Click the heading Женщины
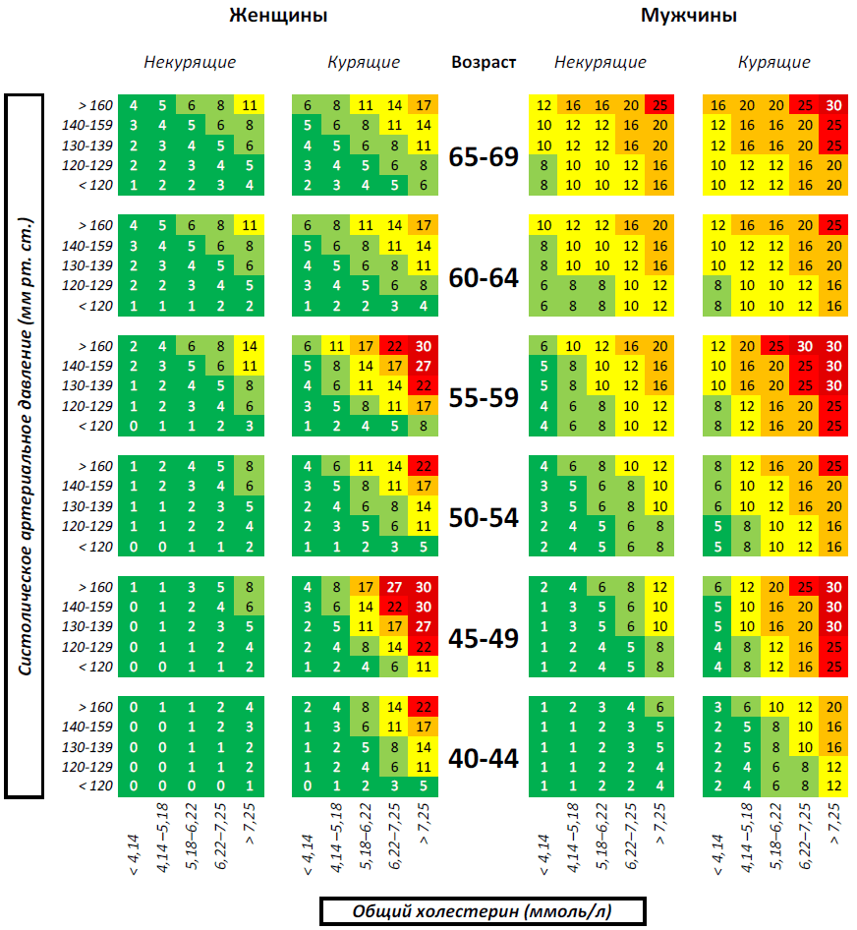(x=278, y=16)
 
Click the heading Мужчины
(x=688, y=16)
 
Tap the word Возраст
(x=484, y=62)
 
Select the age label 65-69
(x=484, y=156)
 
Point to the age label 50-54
(x=484, y=518)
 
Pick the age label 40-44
(x=484, y=759)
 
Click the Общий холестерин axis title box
(x=482, y=910)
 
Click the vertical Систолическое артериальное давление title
(x=24, y=447)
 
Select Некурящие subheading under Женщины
(x=190, y=62)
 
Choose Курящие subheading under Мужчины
(x=774, y=62)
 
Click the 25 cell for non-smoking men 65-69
(x=659, y=105)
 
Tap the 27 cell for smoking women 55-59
(x=424, y=366)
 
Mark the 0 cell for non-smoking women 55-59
(x=133, y=426)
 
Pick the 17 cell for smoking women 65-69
(x=424, y=105)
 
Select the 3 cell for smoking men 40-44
(x=718, y=707)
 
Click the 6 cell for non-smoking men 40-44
(x=659, y=707)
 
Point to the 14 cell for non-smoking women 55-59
(x=250, y=346)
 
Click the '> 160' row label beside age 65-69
(x=96, y=105)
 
